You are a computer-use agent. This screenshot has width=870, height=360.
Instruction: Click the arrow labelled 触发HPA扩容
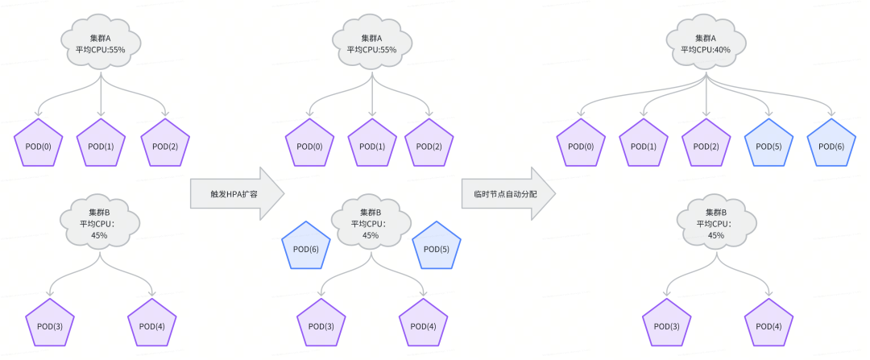[x=237, y=194]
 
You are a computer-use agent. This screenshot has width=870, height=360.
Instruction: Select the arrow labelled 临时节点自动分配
[x=508, y=194]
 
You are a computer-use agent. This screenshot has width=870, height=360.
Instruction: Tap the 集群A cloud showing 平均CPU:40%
[x=706, y=45]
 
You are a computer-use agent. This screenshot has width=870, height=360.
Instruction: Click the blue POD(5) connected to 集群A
[x=768, y=143]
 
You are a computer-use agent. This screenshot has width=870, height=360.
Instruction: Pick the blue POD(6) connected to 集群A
[x=831, y=143]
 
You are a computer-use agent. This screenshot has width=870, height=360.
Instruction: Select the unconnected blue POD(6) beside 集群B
[x=306, y=246]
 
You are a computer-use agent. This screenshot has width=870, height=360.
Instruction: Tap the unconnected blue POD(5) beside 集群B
[x=437, y=246]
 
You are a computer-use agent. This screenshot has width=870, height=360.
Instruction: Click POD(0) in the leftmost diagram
[x=39, y=143]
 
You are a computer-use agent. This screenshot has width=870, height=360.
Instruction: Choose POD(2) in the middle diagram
[x=429, y=143]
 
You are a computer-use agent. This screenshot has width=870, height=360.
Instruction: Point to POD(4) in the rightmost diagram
[x=769, y=324]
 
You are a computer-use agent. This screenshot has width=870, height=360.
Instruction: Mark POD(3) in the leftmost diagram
[x=50, y=324]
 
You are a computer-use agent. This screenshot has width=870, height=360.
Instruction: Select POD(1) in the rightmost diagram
[x=643, y=143]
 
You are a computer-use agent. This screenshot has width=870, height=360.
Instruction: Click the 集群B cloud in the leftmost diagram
[x=100, y=223]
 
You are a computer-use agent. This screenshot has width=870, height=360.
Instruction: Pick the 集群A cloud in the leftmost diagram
[x=101, y=45]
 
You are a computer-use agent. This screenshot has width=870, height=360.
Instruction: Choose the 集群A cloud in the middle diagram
[x=371, y=45]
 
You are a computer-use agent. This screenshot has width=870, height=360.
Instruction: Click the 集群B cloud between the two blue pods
[x=371, y=223]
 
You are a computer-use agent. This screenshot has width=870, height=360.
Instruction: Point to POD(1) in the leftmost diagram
[x=101, y=143]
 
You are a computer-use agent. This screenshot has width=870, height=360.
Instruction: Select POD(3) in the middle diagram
[x=321, y=324]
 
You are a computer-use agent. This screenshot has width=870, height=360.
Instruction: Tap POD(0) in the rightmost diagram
[x=581, y=143]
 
